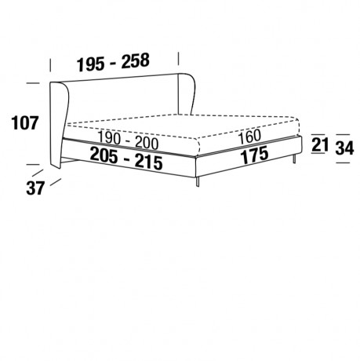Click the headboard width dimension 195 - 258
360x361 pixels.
[113, 62]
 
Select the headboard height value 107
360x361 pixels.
[25, 122]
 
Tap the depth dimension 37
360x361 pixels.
[35, 188]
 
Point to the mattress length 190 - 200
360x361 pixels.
[128, 140]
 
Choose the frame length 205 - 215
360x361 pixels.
[126, 159]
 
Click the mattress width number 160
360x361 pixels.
[249, 137]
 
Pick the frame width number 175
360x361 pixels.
[254, 155]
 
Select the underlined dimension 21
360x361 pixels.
[320, 144]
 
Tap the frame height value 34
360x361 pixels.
[344, 148]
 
